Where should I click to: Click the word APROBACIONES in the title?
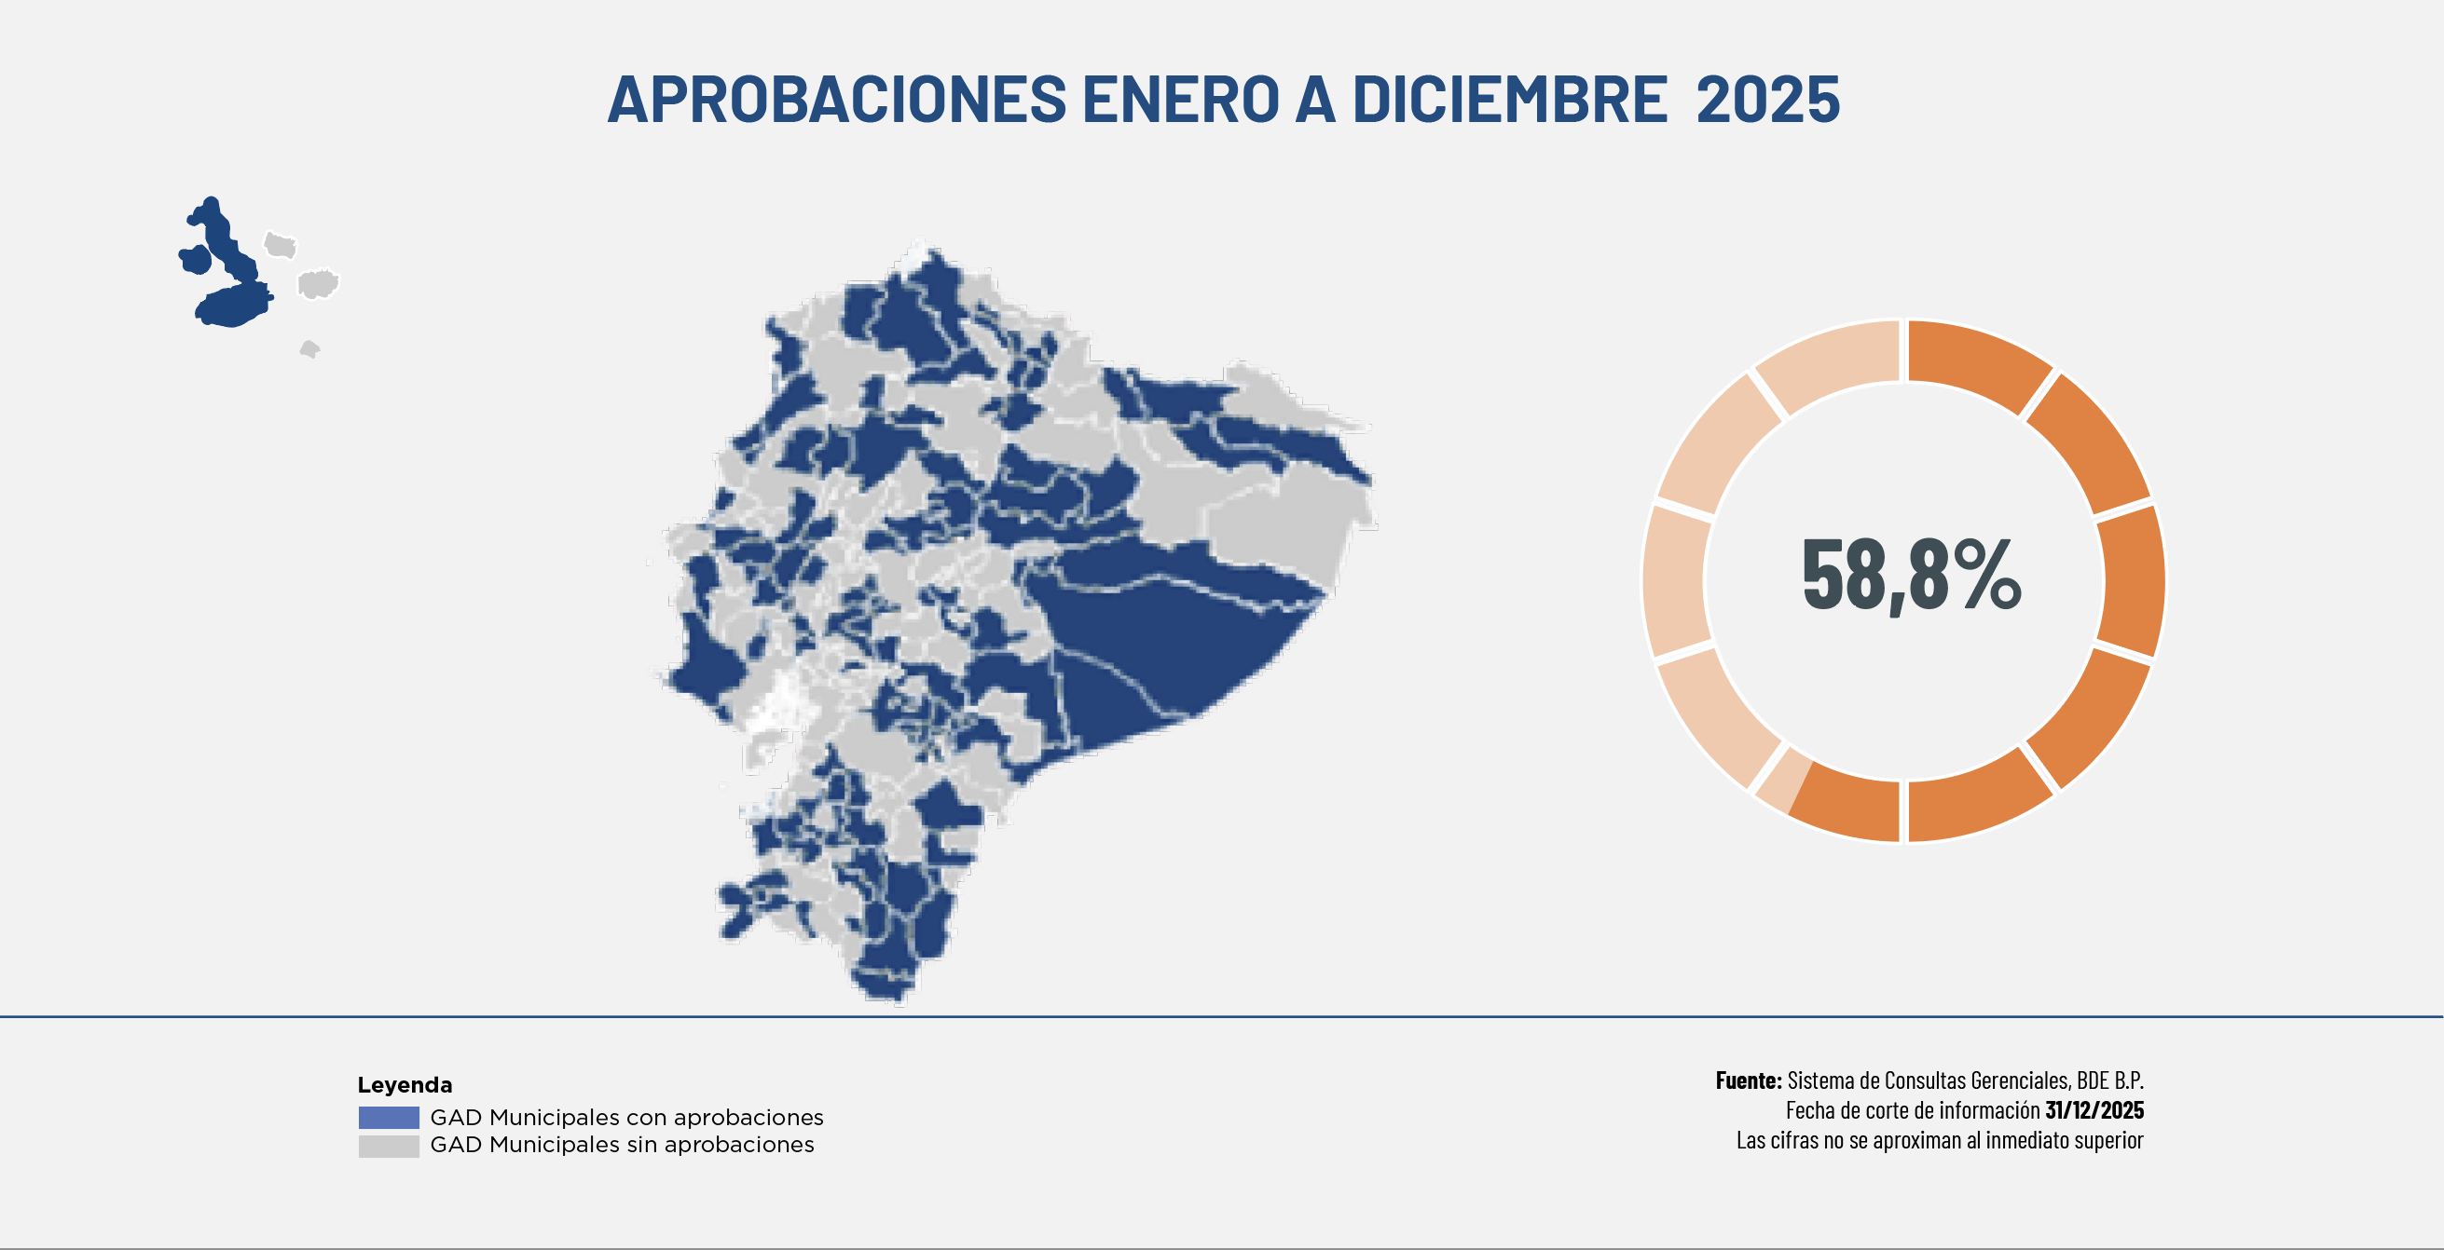pyautogui.click(x=837, y=99)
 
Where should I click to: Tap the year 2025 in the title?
pyautogui.click(x=1767, y=99)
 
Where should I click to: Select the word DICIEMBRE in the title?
pyautogui.click(x=1508, y=99)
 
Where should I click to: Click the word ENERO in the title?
pyautogui.click(x=1181, y=99)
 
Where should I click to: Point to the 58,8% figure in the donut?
pyautogui.click(x=1911, y=576)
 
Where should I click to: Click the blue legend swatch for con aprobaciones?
pyautogui.click(x=388, y=1117)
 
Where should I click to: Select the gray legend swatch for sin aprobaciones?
pyautogui.click(x=388, y=1146)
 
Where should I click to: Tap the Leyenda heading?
pyautogui.click(x=405, y=1085)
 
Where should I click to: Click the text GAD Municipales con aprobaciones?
pyautogui.click(x=626, y=1117)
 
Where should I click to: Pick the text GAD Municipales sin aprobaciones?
pyautogui.click(x=622, y=1145)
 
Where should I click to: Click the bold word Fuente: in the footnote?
pyautogui.click(x=1748, y=1080)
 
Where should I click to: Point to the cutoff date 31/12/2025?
pyautogui.click(x=2094, y=1109)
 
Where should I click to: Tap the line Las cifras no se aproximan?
pyautogui.click(x=1939, y=1140)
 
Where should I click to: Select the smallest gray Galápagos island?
pyautogui.click(x=309, y=350)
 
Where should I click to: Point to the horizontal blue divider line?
pyautogui.click(x=1222, y=1017)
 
